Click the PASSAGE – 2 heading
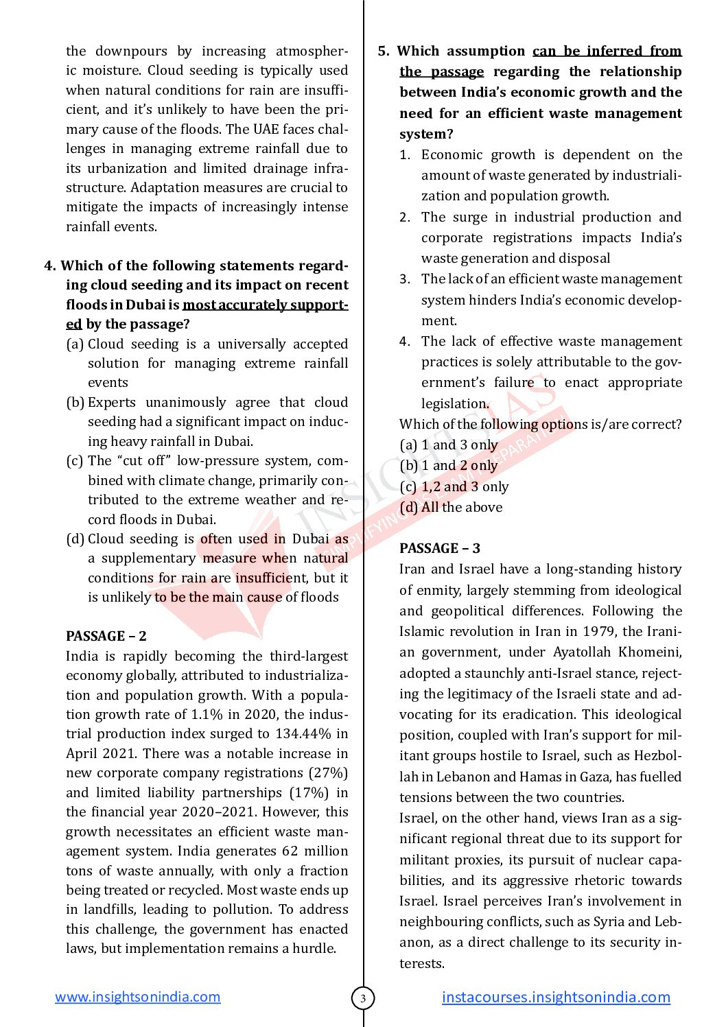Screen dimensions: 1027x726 [x=106, y=636]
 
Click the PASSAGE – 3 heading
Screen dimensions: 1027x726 [x=439, y=548]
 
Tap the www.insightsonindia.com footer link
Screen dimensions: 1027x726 [x=137, y=997]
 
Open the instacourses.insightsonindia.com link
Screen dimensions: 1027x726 [x=556, y=997]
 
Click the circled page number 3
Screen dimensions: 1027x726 [x=363, y=998]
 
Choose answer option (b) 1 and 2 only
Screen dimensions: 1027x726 [x=449, y=465]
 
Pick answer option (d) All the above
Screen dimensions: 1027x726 [x=451, y=507]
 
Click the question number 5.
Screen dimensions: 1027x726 [x=384, y=51]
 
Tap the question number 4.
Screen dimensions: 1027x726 [x=49, y=265]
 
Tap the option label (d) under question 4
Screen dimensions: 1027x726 [x=75, y=539]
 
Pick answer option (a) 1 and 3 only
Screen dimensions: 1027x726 [x=449, y=445]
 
